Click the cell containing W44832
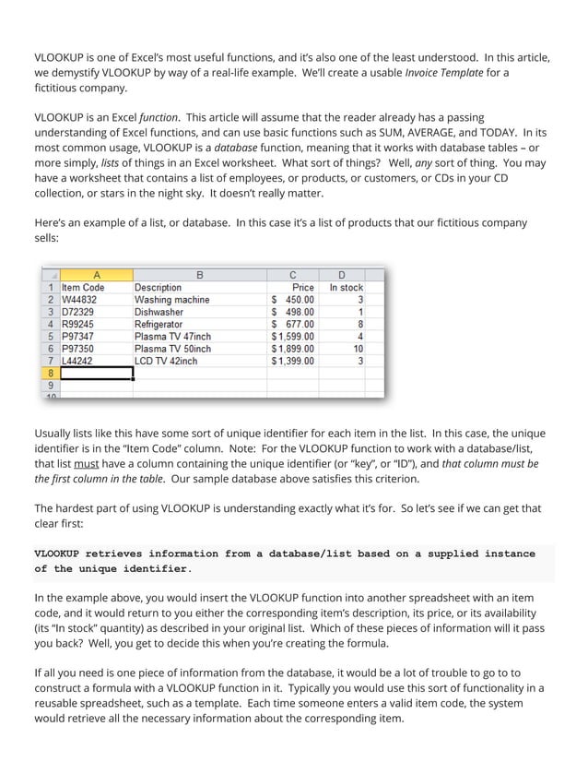point(79,300)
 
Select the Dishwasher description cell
point(159,312)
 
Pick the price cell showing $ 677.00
point(293,325)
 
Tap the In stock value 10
point(357,349)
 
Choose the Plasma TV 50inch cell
point(172,349)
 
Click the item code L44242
point(79,361)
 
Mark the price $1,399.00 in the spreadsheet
point(293,361)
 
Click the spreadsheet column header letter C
point(293,275)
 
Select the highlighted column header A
point(97,275)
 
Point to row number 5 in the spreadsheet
point(50,337)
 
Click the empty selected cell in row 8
point(97,374)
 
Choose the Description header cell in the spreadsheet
point(159,288)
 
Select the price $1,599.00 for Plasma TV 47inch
point(293,337)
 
